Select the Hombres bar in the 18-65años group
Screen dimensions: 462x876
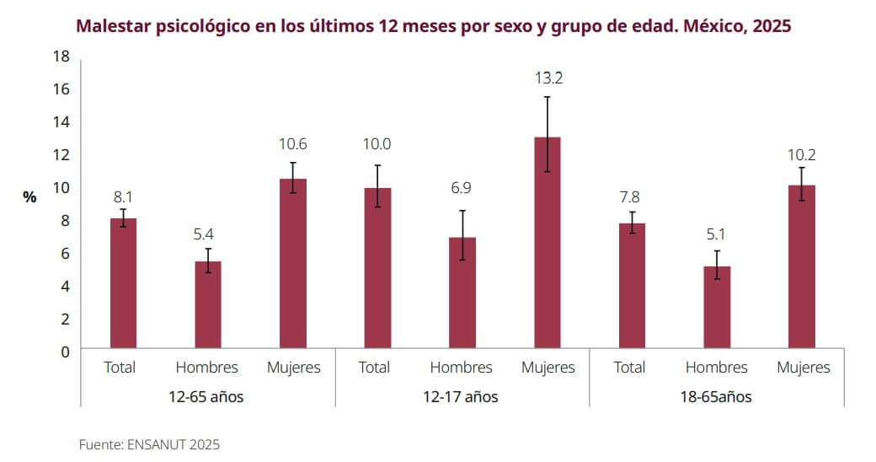click(x=717, y=307)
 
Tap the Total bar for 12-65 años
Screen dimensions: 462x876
click(x=123, y=283)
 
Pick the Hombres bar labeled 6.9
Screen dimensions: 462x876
click(x=462, y=293)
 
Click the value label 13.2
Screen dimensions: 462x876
click(x=547, y=78)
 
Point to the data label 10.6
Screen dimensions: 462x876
click(x=292, y=144)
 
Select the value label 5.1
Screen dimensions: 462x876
click(x=717, y=234)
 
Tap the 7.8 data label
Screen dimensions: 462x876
click(x=630, y=197)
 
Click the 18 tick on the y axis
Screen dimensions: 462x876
click(x=61, y=56)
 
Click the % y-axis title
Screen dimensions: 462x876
click(x=30, y=197)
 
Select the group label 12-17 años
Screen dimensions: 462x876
click(x=462, y=396)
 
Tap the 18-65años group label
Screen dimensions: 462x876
click(x=717, y=396)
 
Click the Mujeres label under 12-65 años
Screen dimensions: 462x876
click(x=294, y=368)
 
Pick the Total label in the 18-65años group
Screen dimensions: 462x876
click(x=630, y=368)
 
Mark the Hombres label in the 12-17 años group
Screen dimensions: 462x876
click(x=462, y=368)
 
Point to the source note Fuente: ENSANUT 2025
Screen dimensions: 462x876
click(x=149, y=444)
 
